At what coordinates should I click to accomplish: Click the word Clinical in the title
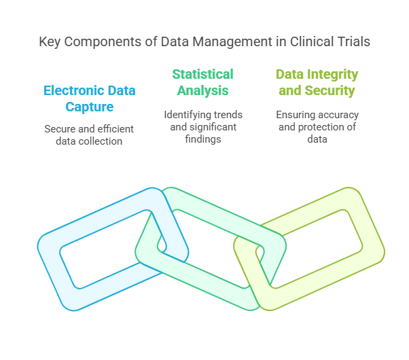coord(313,41)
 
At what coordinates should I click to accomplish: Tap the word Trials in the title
coord(354,41)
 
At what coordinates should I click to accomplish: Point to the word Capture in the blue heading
coord(89,107)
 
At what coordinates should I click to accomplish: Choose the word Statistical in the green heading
coord(202,74)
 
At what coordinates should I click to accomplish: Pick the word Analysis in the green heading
coord(202,90)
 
